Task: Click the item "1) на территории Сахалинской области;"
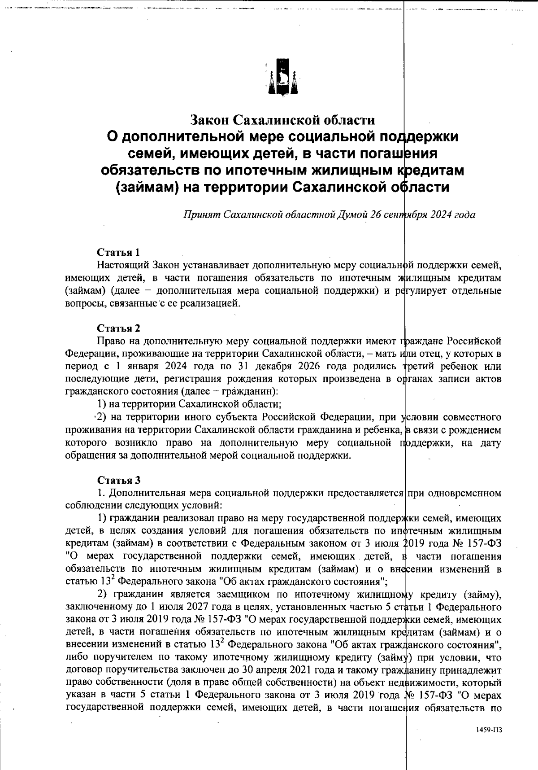coord(190,404)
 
